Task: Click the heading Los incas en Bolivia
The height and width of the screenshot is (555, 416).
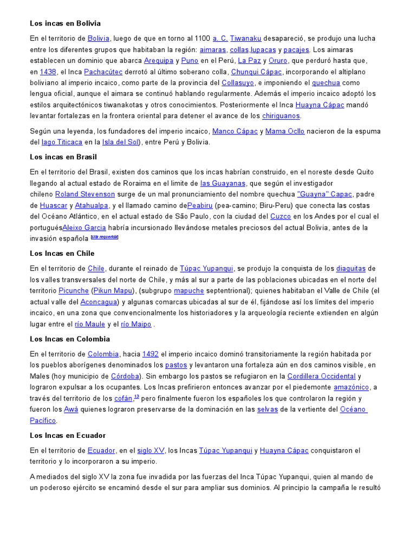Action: click(x=65, y=23)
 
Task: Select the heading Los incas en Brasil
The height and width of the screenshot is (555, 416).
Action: click(x=63, y=157)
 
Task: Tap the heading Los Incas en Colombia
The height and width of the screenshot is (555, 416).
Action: click(x=70, y=339)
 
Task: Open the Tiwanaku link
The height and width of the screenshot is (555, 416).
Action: click(x=245, y=38)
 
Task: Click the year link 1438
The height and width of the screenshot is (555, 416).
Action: click(x=48, y=72)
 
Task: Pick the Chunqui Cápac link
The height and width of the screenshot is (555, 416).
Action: click(x=256, y=72)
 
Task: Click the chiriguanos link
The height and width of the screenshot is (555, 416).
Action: click(x=281, y=115)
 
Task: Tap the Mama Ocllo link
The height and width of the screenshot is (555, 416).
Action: click(x=285, y=131)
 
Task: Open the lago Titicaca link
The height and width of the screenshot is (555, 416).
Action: click(x=62, y=142)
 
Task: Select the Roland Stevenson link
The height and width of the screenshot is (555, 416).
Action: click(x=85, y=194)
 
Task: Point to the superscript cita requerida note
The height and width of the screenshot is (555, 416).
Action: click(x=105, y=237)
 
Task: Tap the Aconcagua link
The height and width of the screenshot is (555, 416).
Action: click(x=99, y=302)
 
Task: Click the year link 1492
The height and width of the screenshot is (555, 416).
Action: click(x=151, y=354)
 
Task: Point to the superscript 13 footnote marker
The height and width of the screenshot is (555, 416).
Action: click(x=136, y=397)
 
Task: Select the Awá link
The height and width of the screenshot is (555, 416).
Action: click(x=71, y=409)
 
